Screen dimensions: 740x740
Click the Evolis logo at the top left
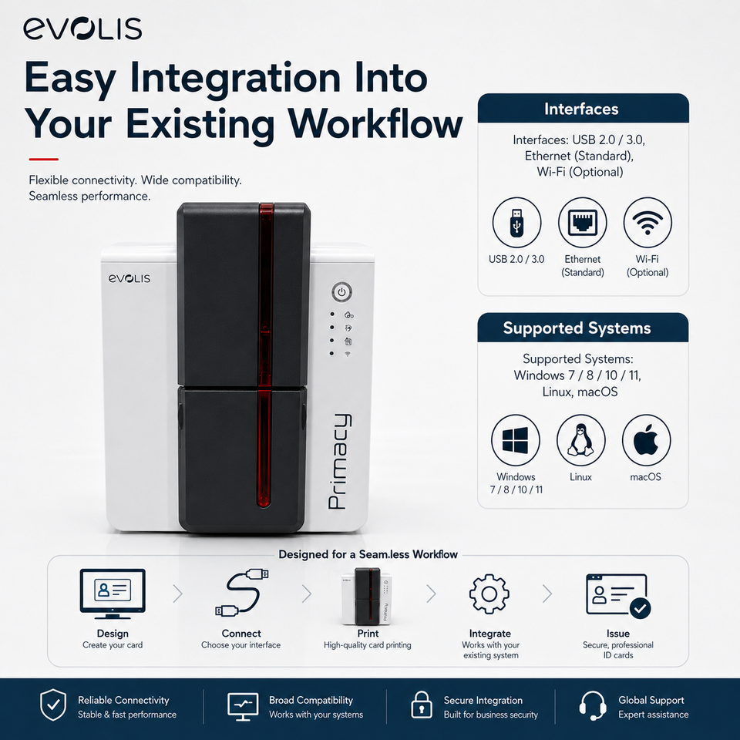82,29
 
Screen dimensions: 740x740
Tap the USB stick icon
516,222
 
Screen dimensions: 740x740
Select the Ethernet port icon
583,222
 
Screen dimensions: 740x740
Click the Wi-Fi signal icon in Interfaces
647,223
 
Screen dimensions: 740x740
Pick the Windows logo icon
516,440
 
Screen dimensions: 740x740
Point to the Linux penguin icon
580,439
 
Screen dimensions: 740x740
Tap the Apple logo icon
646,439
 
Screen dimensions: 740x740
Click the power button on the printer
341,292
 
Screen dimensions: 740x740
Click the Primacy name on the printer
340,462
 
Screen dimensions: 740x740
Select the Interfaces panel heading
581,109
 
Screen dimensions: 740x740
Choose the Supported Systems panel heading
577,328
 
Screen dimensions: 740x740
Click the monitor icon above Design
113,594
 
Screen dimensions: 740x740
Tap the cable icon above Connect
241,592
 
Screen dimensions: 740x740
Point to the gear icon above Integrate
489,594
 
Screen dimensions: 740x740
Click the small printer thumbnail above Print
367,597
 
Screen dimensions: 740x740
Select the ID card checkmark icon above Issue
617,594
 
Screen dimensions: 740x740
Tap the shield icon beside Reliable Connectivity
53,705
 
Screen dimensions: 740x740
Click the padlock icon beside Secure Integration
422,705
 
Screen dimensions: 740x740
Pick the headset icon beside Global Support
593,705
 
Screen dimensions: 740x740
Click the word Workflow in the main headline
375,124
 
